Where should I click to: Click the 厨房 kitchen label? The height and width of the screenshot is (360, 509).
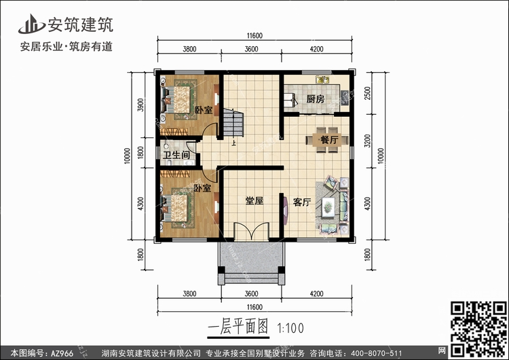coord(315,98)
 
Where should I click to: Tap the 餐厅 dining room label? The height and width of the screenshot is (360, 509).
coord(329,140)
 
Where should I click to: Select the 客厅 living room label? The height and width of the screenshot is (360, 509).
coord(302,202)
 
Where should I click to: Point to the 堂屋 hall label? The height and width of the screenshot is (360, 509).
coord(254,201)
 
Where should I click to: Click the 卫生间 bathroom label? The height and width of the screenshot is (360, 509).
coord(176,155)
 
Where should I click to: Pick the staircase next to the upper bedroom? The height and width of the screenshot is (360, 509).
coord(233,122)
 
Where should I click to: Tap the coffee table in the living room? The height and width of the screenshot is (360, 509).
coord(328,206)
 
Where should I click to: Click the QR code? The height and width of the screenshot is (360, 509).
coord(478,329)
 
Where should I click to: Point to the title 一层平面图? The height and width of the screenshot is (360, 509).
coord(238,327)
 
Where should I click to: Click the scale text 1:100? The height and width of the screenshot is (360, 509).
coord(290,328)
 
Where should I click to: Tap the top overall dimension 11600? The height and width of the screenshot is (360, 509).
coord(254,36)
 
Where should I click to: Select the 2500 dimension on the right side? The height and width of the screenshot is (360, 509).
coord(367,93)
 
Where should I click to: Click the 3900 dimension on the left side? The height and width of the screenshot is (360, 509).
coord(140,105)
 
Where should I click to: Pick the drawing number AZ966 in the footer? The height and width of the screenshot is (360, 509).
coord(62,353)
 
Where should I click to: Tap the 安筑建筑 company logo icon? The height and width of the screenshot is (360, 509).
coord(31,24)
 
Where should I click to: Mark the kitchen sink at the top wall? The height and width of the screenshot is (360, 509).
coord(322,80)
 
